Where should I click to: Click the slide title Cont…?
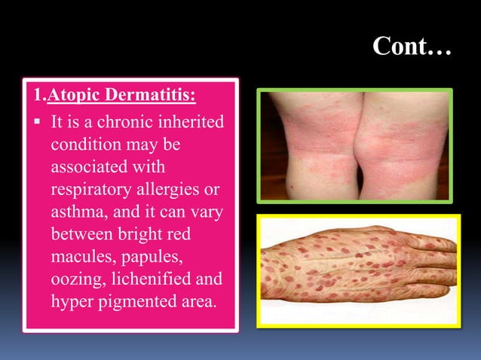411,48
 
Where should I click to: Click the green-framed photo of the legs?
354,146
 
